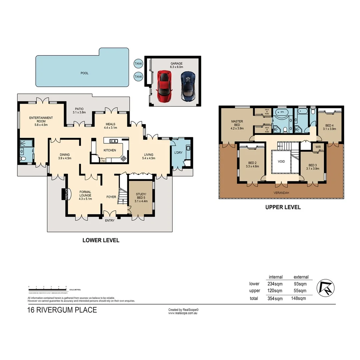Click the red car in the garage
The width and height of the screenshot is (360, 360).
point(164,87)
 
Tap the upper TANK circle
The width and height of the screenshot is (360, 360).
point(138,63)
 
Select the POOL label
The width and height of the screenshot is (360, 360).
point(84,73)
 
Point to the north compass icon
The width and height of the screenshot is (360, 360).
point(325,288)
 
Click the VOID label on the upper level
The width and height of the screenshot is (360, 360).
point(281,161)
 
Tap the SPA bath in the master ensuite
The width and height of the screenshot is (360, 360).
point(282,113)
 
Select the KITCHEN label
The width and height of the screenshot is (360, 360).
point(110,150)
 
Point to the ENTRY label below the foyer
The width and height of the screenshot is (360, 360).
point(110,220)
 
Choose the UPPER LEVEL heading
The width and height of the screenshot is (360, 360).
point(283,207)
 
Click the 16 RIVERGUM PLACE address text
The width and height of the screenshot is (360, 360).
point(62,310)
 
